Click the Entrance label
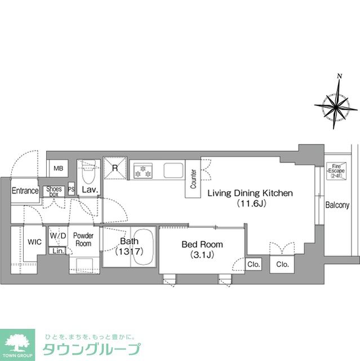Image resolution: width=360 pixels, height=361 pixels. click(25, 191)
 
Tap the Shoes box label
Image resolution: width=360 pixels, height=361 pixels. click(54, 191)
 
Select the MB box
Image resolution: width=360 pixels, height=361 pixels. click(58, 168)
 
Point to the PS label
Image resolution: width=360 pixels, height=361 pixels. click(71, 190)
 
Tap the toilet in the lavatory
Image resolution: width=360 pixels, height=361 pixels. click(88, 169)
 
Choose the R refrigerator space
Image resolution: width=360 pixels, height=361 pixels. click(115, 168)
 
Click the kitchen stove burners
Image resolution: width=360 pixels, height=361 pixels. click(143, 170)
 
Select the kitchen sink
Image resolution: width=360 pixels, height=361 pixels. click(172, 169)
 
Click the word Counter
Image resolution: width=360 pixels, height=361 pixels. click(193, 179)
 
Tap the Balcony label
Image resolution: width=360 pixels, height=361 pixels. click(337, 205)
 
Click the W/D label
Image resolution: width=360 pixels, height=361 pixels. click(57, 235)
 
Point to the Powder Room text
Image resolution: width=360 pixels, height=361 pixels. click(83, 239)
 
